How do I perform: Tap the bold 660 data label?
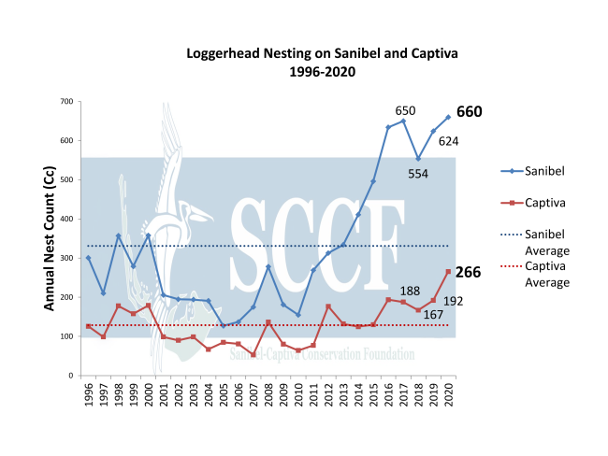(x=470, y=112)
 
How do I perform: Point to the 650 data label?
(x=406, y=110)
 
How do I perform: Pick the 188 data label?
(x=409, y=292)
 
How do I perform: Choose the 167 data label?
(x=432, y=314)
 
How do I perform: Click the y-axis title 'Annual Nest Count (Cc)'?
(x=49, y=237)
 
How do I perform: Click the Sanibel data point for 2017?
(x=403, y=121)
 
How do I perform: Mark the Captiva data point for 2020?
(x=448, y=271)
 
